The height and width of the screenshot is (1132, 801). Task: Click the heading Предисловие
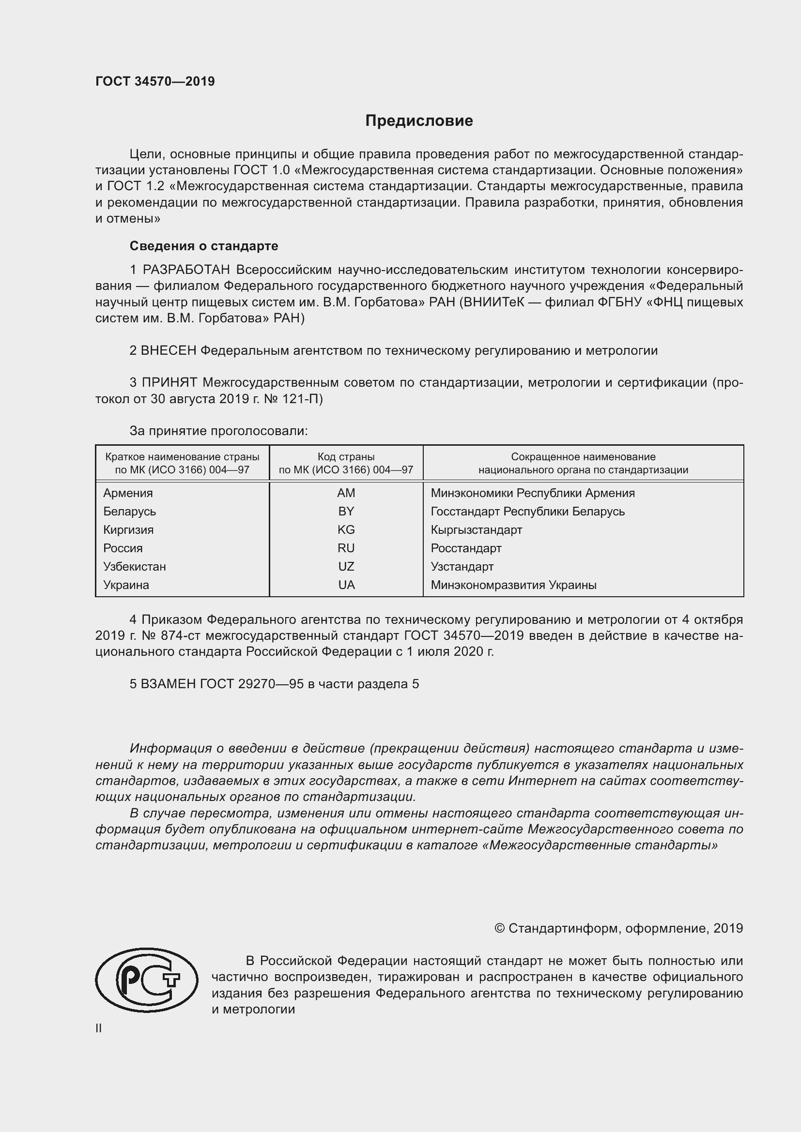(419, 121)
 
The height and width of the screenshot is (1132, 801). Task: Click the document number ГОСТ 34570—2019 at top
(155, 81)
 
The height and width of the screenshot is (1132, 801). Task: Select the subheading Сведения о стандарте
(204, 245)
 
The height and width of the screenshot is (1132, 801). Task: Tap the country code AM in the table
(346, 493)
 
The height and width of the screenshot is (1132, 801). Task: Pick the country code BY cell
(346, 511)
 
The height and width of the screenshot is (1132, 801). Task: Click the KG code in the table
(346, 529)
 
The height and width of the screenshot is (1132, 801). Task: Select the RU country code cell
(346, 548)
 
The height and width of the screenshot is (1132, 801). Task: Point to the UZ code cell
(346, 567)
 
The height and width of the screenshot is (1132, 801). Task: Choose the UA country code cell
(346, 585)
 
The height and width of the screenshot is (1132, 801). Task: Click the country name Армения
(128, 493)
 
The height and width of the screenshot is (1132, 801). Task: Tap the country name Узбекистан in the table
(135, 567)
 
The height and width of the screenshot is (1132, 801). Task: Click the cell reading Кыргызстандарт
(476, 529)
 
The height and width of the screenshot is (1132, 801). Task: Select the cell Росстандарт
(465, 548)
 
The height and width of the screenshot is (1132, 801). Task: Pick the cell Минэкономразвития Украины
(513, 585)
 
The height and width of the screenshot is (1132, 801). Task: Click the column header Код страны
(346, 457)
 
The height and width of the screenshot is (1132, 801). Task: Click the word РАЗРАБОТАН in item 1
(186, 270)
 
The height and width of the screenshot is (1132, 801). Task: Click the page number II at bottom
(99, 1028)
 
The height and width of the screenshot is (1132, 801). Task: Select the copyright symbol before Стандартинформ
(499, 928)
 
